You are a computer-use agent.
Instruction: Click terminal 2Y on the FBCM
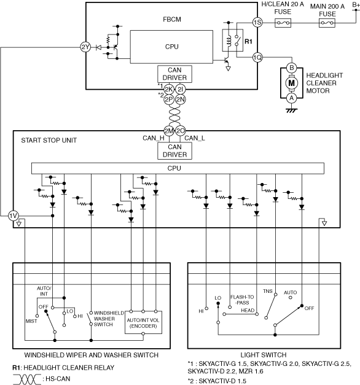[x=85, y=47]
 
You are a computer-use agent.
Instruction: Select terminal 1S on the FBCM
[x=257, y=23]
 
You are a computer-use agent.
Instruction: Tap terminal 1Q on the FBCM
[x=257, y=58]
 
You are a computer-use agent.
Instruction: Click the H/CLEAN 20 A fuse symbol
[x=283, y=23]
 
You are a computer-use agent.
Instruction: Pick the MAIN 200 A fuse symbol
[x=327, y=23]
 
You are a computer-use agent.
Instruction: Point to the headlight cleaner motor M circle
[x=291, y=83]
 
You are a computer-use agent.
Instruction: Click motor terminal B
[x=291, y=68]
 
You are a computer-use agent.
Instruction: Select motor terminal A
[x=291, y=98]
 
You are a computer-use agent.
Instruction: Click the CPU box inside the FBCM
[x=171, y=47]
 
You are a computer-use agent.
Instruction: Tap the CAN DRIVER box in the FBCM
[x=174, y=74]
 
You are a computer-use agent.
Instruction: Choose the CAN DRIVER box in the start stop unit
[x=174, y=151]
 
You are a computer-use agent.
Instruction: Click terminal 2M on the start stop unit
[x=169, y=131]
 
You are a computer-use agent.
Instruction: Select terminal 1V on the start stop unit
[x=13, y=216]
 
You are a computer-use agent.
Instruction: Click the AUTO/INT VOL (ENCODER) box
[x=143, y=322]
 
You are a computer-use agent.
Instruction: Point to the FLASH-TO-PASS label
[x=242, y=300]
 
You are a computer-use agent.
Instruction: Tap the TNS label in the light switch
[x=268, y=291]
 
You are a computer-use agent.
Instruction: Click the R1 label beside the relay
[x=248, y=42]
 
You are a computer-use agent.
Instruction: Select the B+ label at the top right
[x=356, y=4]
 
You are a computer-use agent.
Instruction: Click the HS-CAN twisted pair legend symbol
[x=27, y=379]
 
